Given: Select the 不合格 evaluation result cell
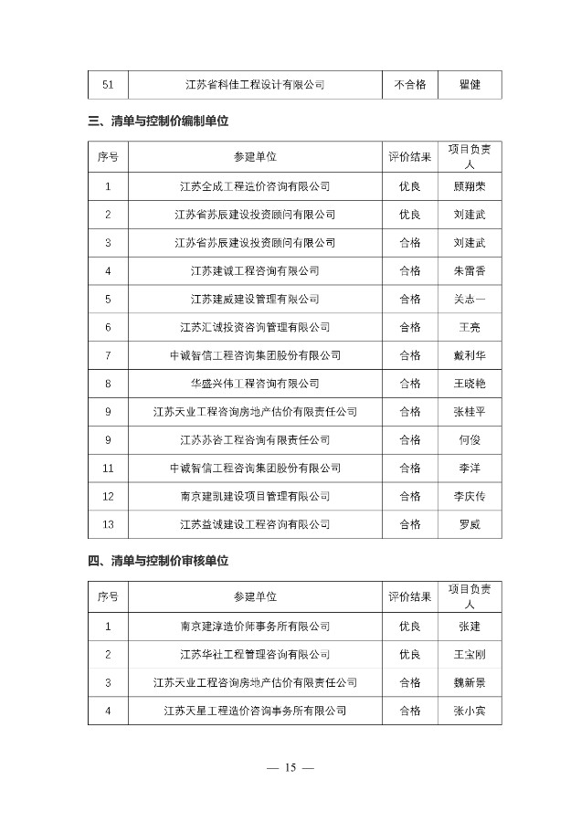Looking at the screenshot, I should tap(410, 85).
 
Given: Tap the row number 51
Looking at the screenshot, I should tap(108, 85).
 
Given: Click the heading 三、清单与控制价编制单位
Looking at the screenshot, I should tap(158, 121).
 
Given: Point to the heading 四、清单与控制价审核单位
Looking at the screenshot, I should tap(158, 561).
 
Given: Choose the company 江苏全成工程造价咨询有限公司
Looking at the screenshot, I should tap(255, 186).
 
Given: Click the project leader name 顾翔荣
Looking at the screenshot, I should tap(470, 186).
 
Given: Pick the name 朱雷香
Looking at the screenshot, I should tap(470, 270).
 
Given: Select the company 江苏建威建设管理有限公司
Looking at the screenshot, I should tap(255, 299).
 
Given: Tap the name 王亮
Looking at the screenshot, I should tap(470, 327).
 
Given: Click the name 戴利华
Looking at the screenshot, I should tap(470, 355).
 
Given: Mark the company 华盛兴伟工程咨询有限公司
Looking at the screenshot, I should tap(255, 384).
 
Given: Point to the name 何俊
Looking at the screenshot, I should tap(470, 440).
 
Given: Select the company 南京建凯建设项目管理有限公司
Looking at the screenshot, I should tap(255, 496).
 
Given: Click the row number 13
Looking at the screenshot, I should tap(108, 524).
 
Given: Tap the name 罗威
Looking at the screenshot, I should tap(470, 524).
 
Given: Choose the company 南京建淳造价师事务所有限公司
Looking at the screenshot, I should tap(255, 627).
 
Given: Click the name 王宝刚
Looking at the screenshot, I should tap(470, 655).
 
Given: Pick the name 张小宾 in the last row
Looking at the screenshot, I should tap(470, 711).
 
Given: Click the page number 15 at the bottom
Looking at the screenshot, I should tap(290, 767).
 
